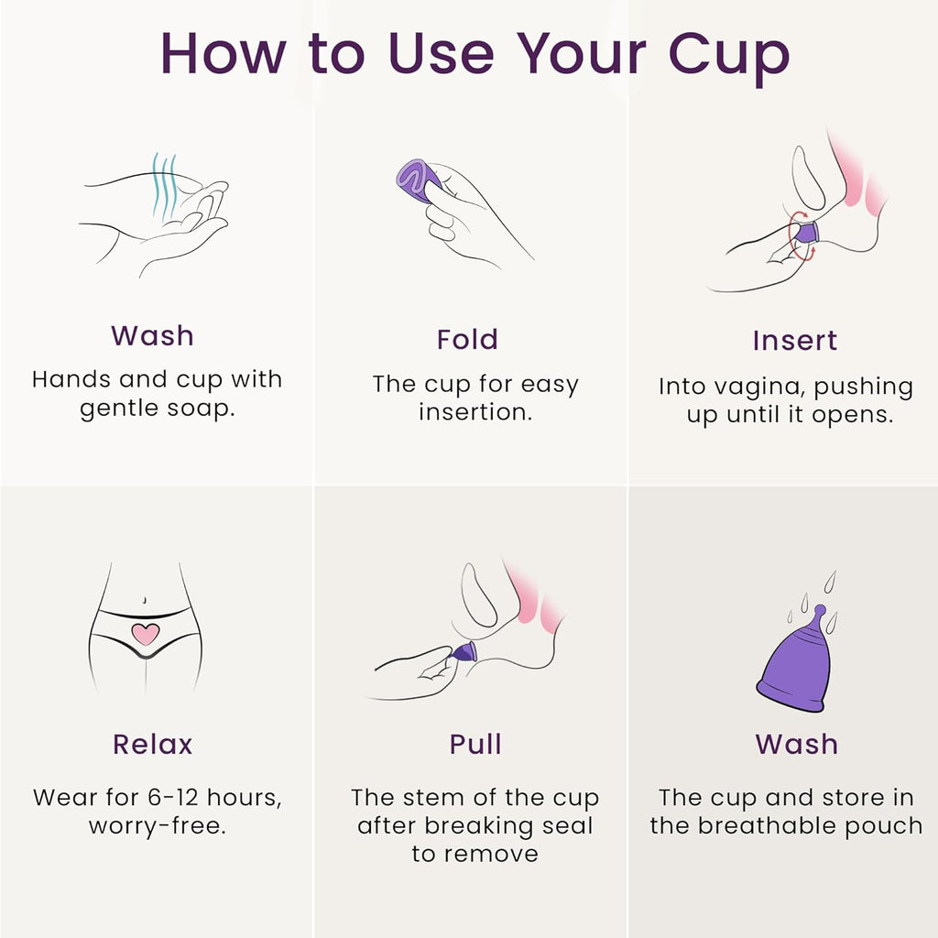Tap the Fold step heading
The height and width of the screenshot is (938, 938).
pos(467,339)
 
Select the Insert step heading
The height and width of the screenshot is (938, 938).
pos(794,340)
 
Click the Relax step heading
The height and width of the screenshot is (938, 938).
pos(153,744)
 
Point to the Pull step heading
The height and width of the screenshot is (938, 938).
pos(475,744)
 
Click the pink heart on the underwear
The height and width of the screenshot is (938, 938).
pos(145,632)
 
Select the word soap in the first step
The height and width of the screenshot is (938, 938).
pos(202,408)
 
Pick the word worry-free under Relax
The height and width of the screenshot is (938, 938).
pos(157,825)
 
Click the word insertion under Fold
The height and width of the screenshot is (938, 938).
pos(474,412)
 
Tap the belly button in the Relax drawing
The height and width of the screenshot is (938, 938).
pos(146,599)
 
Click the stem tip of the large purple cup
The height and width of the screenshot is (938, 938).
pos(819,609)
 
